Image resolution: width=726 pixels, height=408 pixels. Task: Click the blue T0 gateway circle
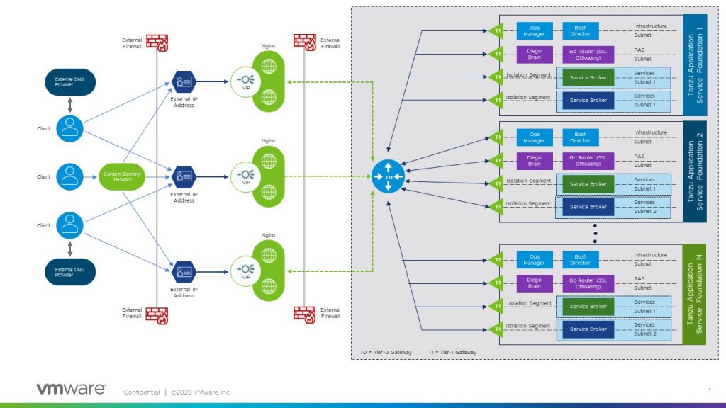(x=388, y=177)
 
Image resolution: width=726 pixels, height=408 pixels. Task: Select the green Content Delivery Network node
(x=118, y=177)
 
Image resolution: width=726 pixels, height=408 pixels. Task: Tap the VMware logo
(x=71, y=389)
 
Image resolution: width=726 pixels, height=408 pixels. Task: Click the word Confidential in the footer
(x=141, y=392)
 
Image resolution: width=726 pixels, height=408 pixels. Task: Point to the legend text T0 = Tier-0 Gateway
(x=386, y=352)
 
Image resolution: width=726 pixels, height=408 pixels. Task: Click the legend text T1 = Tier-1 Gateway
(x=452, y=352)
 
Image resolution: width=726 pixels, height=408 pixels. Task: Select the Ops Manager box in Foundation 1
(x=534, y=30)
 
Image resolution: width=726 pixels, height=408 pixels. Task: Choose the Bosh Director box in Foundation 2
(x=580, y=137)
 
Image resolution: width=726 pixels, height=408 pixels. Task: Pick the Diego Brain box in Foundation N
(x=534, y=283)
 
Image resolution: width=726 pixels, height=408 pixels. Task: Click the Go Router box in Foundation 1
(x=588, y=54)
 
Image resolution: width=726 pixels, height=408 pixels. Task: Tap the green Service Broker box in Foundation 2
(x=588, y=184)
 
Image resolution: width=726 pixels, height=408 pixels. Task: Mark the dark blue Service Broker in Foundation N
(x=588, y=329)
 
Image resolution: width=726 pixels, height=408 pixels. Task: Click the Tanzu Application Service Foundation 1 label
(x=696, y=64)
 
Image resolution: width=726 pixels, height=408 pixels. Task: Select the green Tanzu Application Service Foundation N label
(x=696, y=294)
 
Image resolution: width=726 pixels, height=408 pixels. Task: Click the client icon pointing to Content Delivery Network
(x=69, y=176)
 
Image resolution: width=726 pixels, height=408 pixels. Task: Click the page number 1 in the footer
(x=709, y=390)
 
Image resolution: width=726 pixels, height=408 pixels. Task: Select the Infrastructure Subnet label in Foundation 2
(x=650, y=137)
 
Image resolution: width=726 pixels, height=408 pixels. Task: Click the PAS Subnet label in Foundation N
(x=643, y=283)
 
